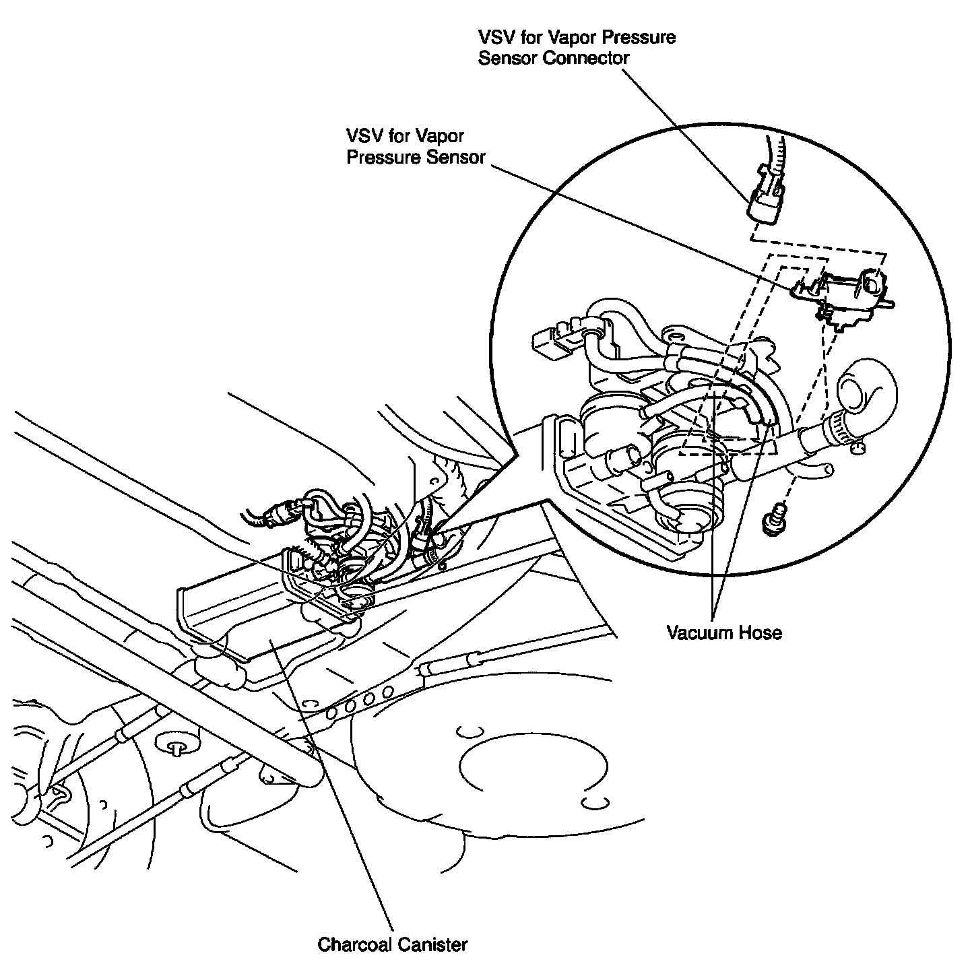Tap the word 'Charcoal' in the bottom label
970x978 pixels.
tap(352, 944)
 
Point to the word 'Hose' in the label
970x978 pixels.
tap(761, 632)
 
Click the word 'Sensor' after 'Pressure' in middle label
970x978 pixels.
tap(457, 158)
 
